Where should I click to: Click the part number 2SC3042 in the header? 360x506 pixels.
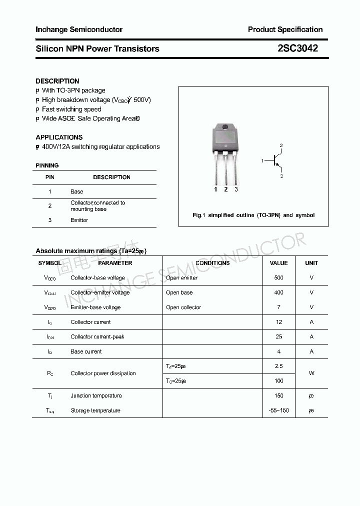[x=297, y=48]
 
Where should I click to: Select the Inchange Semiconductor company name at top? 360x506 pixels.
[x=79, y=29]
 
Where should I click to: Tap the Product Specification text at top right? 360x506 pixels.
[x=285, y=29]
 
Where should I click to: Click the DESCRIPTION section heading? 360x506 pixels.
[x=57, y=81]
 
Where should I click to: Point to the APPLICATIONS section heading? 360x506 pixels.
[x=59, y=137]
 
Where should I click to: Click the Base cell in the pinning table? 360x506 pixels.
[x=77, y=191]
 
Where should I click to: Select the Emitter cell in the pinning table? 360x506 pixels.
[x=79, y=220]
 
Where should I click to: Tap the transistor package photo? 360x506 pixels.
[x=225, y=150]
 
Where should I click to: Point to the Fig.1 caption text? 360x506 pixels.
[x=253, y=215]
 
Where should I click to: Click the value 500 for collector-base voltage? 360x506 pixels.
[x=278, y=277]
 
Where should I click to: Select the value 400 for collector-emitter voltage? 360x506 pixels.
[x=278, y=292]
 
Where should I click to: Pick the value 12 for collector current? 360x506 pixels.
[x=278, y=322]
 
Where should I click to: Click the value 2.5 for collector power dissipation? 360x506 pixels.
[x=278, y=366]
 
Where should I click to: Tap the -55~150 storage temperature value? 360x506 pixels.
[x=278, y=410]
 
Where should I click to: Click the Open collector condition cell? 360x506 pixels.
[x=183, y=307]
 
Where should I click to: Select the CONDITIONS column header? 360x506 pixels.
[x=212, y=263]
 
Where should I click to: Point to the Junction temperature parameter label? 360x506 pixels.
[x=96, y=395]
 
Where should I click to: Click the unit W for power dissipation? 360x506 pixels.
[x=311, y=373]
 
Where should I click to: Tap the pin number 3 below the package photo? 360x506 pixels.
[x=236, y=189]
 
